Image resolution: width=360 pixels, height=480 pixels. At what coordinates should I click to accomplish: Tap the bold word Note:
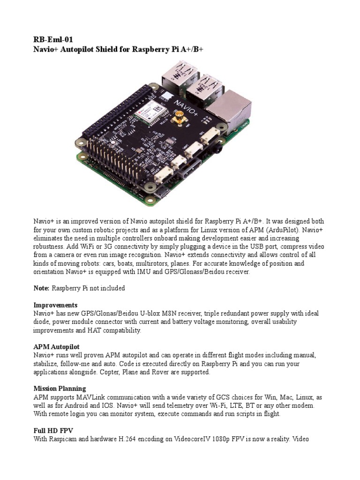pyautogui.click(x=41, y=288)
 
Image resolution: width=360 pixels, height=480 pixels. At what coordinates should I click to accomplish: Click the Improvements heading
pyautogui.click(x=55, y=305)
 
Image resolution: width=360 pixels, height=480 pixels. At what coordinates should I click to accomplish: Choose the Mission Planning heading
pyautogui.click(x=60, y=389)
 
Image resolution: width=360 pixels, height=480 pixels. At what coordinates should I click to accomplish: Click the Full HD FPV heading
pyautogui.click(x=53, y=430)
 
